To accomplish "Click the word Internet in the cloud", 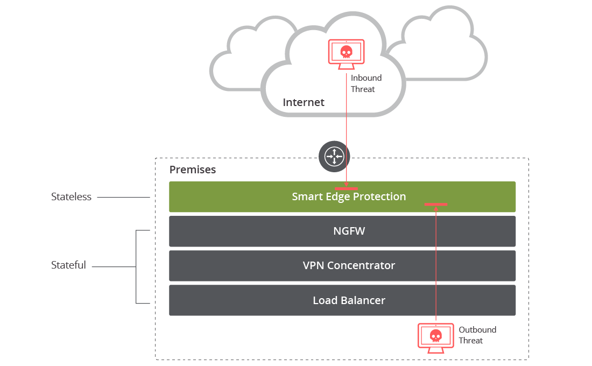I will (304, 102).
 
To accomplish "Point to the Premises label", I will (193, 170).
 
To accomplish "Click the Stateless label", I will (71, 197).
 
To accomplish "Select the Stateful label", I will (68, 265).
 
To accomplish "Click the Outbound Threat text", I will (477, 335).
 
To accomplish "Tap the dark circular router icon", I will (334, 156).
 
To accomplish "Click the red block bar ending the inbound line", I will (346, 188).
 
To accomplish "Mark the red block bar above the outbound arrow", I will (436, 205).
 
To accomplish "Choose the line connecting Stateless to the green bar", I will (123, 198).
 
